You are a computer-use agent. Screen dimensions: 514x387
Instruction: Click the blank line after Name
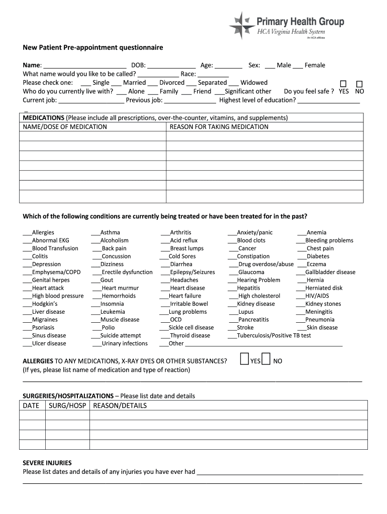tap(84, 66)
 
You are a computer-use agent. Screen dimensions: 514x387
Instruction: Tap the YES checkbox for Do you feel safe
tap(343, 84)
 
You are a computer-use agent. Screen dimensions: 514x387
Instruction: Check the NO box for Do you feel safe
tap(359, 84)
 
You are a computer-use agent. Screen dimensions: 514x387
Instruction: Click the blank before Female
tap(298, 66)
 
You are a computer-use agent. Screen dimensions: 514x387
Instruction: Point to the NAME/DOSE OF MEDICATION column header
tap(65, 127)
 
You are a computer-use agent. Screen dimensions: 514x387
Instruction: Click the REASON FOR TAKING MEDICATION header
tap(219, 127)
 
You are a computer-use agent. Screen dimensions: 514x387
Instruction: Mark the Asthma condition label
tap(110, 232)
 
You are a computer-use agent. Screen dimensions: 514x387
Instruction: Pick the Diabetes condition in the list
tap(318, 256)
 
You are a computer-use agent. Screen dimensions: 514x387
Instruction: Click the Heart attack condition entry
tap(48, 288)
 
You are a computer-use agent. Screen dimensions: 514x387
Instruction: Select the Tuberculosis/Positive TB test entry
tap(273, 336)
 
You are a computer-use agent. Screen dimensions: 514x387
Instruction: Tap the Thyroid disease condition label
tap(190, 336)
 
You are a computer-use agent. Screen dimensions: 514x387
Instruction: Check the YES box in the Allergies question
tap(244, 359)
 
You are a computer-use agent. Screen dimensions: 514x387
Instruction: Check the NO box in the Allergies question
tap(266, 359)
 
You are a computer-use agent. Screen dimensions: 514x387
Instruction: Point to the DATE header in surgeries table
tap(31, 406)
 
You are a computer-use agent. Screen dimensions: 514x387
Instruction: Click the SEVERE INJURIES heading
tap(47, 463)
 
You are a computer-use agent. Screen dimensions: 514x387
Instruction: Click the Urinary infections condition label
tap(125, 344)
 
